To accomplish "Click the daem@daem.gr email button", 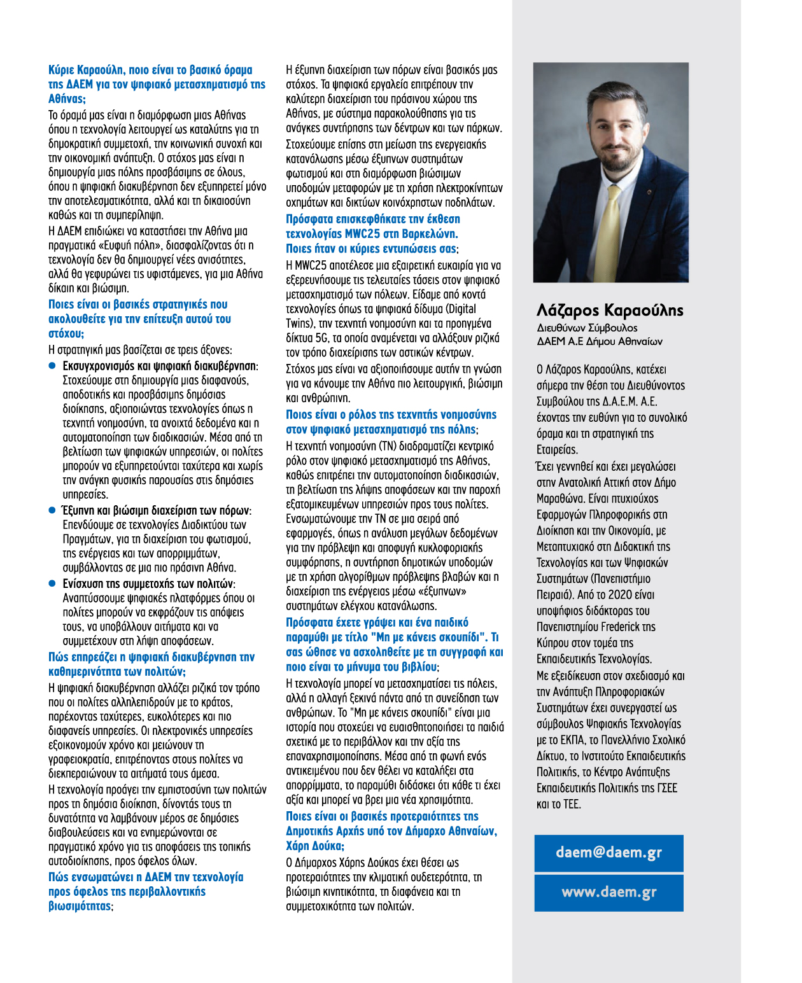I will (x=609, y=853).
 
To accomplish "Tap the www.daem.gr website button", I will (x=609, y=892).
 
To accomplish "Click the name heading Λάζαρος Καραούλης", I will (x=610, y=310).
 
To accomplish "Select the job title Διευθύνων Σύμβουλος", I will (x=587, y=328).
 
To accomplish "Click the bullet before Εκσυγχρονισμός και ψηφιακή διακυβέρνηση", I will (x=53, y=366).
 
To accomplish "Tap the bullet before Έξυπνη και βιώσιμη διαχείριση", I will (x=53, y=510).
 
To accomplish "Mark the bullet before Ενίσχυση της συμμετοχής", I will (x=53, y=583).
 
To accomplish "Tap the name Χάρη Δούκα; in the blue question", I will (x=315, y=846).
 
